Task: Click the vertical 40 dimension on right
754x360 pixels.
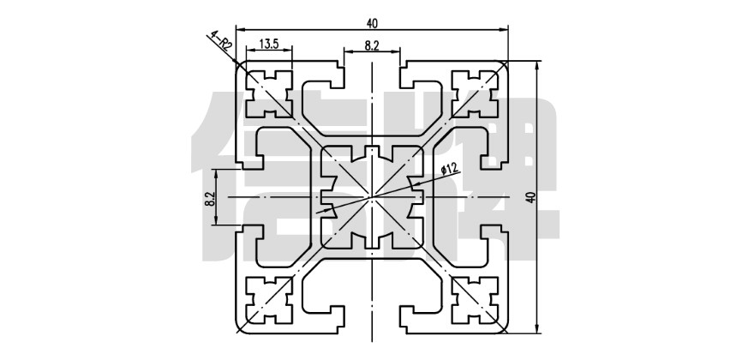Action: tap(531, 197)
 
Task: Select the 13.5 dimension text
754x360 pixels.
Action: tap(268, 43)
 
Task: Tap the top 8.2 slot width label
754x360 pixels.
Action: tap(372, 46)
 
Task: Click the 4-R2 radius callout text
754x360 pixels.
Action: tap(220, 41)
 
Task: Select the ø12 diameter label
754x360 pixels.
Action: tap(448, 169)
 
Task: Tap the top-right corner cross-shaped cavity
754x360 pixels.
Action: tap(476, 92)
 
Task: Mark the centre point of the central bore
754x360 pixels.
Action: tap(372, 196)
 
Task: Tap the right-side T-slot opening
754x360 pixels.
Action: tap(501, 196)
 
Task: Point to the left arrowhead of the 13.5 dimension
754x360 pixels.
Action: tap(248, 51)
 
